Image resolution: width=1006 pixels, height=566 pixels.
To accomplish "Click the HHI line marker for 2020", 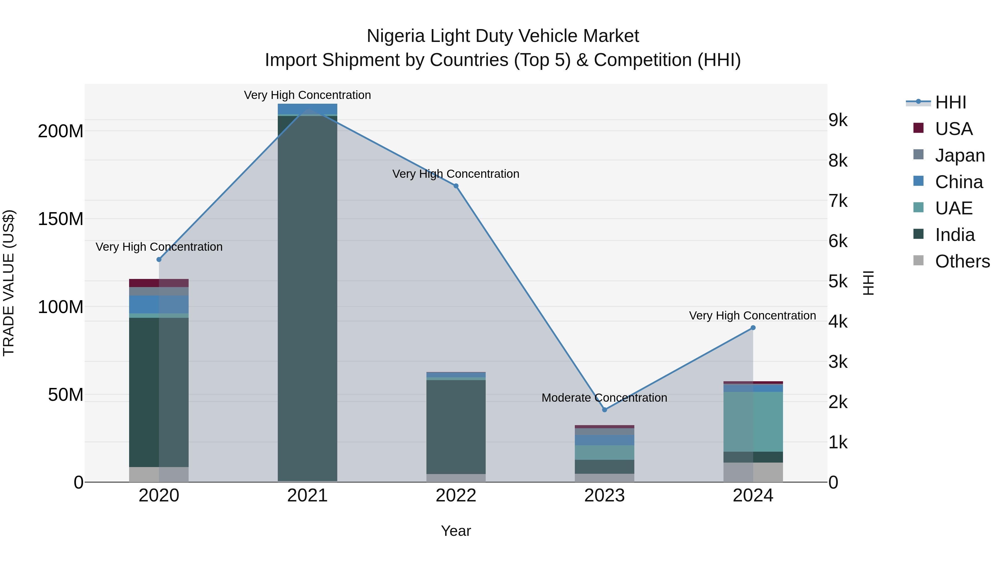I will click(159, 259).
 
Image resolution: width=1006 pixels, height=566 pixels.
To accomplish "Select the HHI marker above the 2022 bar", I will click(456, 186).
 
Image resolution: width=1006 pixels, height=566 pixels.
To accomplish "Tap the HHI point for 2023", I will click(604, 410).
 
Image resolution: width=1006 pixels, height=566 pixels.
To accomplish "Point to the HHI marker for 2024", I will click(753, 328).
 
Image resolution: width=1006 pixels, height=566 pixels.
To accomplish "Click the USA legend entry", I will click(953, 129).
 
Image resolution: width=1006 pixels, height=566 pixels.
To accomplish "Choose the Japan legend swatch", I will click(919, 155).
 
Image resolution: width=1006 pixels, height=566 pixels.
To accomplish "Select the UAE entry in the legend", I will click(953, 208).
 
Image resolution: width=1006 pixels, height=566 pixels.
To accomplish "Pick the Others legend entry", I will click(962, 261).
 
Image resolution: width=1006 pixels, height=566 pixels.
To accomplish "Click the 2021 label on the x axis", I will click(307, 496).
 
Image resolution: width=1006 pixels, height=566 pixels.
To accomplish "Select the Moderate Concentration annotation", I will click(604, 398).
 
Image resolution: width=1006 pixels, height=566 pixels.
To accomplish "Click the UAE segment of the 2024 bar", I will click(753, 422).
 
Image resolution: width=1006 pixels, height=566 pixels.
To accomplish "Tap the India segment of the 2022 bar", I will click(456, 427).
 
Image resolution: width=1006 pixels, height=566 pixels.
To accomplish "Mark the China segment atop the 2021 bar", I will click(307, 109).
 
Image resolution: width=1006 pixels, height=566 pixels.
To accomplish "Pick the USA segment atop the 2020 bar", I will click(159, 283).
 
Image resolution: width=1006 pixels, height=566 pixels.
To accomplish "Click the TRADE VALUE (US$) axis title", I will click(9, 283).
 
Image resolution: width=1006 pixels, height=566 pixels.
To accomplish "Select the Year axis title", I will click(456, 531).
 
